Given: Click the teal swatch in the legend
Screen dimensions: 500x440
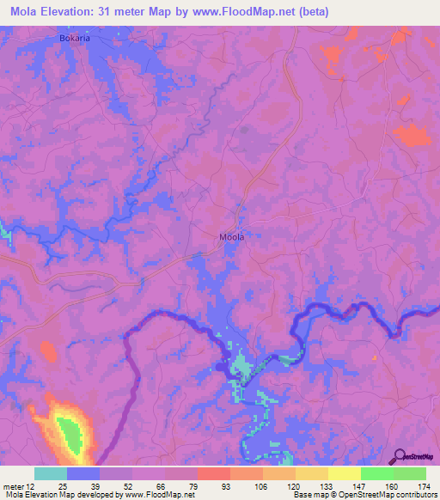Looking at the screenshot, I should (x=50, y=473).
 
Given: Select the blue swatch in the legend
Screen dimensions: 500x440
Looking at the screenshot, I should (x=82, y=473).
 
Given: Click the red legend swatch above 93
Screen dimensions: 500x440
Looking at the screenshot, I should (x=213, y=473).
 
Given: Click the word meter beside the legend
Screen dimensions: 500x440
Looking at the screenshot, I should (x=15, y=485).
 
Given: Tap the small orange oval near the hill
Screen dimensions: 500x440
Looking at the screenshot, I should (x=48, y=351).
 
